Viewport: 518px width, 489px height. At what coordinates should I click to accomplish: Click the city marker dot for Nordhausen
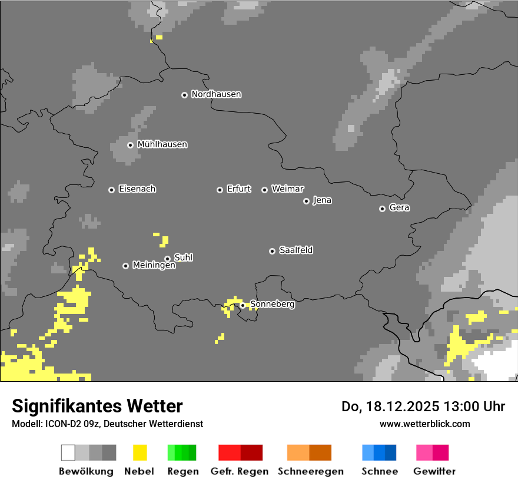(184, 95)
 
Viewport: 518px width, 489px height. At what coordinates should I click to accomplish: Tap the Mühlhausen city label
(162, 144)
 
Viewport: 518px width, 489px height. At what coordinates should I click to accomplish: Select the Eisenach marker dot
(111, 190)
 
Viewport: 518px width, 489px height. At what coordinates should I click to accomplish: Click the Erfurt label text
(238, 189)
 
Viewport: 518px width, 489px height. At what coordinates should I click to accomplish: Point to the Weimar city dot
(264, 190)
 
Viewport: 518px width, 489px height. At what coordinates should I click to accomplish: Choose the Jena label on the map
(322, 200)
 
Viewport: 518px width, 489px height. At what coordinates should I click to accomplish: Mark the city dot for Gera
(382, 209)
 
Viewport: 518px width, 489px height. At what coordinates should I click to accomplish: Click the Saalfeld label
(295, 250)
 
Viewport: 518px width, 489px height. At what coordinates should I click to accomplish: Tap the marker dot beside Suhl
(167, 259)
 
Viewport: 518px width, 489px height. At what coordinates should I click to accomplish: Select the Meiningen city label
(154, 266)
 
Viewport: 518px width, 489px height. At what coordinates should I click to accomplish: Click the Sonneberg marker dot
(243, 305)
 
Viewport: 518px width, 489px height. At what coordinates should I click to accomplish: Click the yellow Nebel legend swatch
(140, 452)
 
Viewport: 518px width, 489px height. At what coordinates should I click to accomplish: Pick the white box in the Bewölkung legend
(68, 452)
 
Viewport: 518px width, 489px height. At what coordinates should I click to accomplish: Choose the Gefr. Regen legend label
(240, 471)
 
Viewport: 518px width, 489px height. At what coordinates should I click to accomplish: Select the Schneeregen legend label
(310, 471)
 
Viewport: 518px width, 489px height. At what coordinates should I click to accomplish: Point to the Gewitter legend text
(434, 471)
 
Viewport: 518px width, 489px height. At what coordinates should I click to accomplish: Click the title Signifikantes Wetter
(97, 406)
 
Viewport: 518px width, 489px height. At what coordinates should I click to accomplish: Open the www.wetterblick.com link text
(424, 424)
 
